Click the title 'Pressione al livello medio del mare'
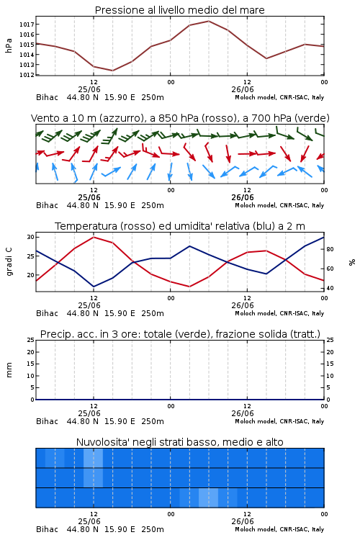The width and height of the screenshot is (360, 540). click(x=179, y=10)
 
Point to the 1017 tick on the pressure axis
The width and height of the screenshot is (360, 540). click(x=26, y=24)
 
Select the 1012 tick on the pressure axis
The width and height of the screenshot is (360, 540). click(x=26, y=75)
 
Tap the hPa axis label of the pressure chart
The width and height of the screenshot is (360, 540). click(x=9, y=45)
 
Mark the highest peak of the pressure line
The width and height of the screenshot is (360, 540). click(x=208, y=21)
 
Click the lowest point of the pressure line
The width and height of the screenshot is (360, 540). click(x=112, y=71)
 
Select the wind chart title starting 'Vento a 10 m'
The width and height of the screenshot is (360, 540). click(x=180, y=118)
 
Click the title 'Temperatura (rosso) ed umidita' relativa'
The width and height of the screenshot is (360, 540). click(x=180, y=226)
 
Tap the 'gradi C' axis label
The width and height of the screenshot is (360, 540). click(x=9, y=261)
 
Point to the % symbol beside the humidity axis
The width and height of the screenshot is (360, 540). click(x=352, y=262)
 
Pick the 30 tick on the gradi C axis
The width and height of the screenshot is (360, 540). click(x=30, y=237)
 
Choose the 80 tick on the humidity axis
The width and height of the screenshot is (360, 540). click(x=330, y=249)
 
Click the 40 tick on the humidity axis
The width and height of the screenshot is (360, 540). click(x=330, y=288)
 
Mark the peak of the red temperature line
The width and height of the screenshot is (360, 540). click(x=94, y=237)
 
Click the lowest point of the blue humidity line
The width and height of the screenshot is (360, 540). click(x=94, y=287)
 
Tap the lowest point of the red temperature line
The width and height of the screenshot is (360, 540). click(x=189, y=287)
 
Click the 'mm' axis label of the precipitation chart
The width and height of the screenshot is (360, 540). click(x=9, y=369)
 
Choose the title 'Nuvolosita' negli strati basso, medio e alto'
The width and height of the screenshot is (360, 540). click(x=180, y=442)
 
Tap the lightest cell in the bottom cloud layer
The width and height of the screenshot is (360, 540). click(x=208, y=498)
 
